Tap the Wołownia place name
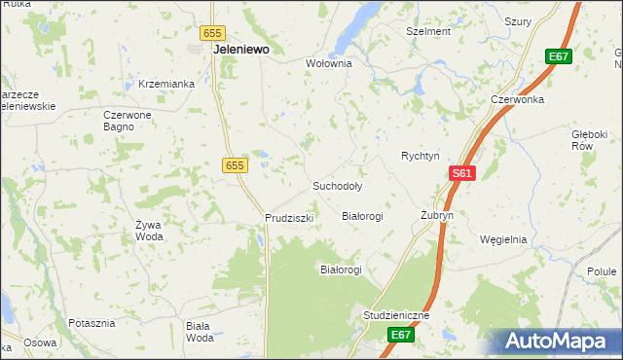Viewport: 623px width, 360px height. pyautogui.click(x=328, y=63)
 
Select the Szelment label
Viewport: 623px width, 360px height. pyautogui.click(x=428, y=31)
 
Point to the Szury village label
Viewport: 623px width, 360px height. pyautogui.click(x=518, y=20)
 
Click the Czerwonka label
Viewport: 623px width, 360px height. pyautogui.click(x=515, y=99)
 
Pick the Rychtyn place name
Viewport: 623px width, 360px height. pyautogui.click(x=421, y=156)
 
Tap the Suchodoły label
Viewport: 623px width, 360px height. pyautogui.click(x=337, y=185)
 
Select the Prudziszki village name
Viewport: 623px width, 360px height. pyautogui.click(x=289, y=218)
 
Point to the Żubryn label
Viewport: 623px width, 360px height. pyautogui.click(x=437, y=215)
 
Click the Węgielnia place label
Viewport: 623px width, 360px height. pyautogui.click(x=503, y=239)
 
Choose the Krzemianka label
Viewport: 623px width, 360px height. pyautogui.click(x=167, y=84)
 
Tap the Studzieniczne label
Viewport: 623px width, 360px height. pyautogui.click(x=395, y=316)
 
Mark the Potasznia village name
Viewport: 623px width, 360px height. pyautogui.click(x=92, y=321)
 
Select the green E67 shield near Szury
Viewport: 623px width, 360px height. pyautogui.click(x=558, y=57)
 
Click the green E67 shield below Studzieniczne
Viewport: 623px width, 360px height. pyautogui.click(x=401, y=335)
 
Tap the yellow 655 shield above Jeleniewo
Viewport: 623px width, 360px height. pyautogui.click(x=214, y=32)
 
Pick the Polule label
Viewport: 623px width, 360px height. pyautogui.click(x=604, y=271)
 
